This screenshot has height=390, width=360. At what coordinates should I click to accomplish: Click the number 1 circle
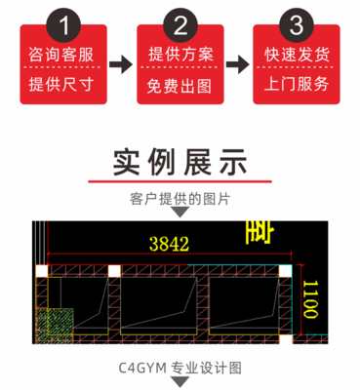[63, 22]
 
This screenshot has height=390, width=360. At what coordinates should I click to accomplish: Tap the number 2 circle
[180, 22]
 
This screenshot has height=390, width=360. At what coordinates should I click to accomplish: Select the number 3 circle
[296, 22]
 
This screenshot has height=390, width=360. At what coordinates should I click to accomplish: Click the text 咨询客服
[63, 54]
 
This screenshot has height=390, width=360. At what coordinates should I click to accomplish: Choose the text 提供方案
[180, 54]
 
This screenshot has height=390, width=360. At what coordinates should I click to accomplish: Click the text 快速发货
[296, 54]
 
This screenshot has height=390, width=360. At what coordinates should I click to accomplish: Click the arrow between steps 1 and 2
[121, 65]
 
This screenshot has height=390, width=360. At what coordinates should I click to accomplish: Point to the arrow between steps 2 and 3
[238, 65]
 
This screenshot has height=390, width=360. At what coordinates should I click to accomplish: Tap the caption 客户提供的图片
[180, 198]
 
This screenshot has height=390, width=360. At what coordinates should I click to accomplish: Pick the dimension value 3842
[169, 246]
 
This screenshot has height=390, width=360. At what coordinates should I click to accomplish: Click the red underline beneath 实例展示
[180, 181]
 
